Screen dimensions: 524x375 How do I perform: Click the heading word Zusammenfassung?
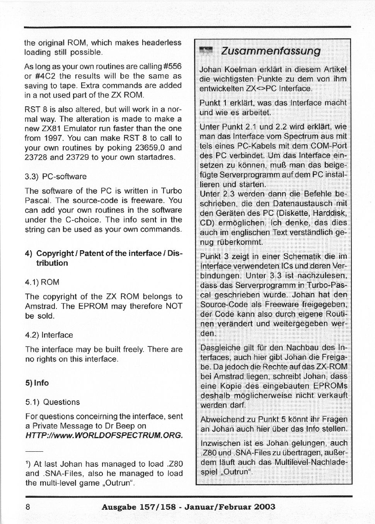point(270,51)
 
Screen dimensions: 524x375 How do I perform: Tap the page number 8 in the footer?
point(28,507)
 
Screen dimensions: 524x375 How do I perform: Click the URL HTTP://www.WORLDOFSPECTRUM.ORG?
point(104,435)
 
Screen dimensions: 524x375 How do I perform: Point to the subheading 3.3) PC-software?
point(56,177)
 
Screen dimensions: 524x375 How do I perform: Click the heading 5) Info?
point(37,383)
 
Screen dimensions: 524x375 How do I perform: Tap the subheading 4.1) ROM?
point(42,282)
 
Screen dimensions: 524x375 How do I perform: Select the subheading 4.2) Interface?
point(49,335)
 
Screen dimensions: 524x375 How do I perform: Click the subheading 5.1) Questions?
point(52,402)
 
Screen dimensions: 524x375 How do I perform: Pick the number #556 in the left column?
point(172,67)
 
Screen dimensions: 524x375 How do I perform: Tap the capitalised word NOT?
point(174,306)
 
